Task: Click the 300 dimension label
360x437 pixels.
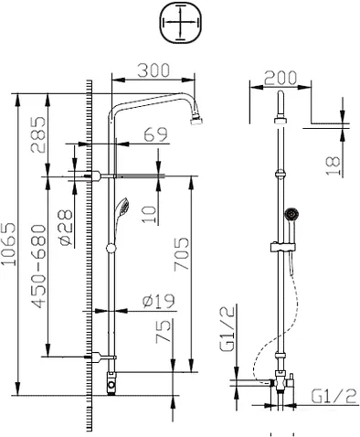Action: pyautogui.click(x=154, y=70)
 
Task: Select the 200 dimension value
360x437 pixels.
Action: pyautogui.click(x=281, y=78)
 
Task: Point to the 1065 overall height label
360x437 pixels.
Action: pyautogui.click(x=8, y=244)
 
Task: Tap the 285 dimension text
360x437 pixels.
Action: pyautogui.click(x=38, y=134)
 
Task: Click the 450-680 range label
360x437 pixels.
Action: pyautogui.click(x=39, y=266)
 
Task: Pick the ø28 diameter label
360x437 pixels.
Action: pyautogui.click(x=66, y=228)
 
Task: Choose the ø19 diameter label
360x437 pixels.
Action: pyautogui.click(x=159, y=301)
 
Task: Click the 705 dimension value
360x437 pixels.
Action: pyautogui.click(x=182, y=254)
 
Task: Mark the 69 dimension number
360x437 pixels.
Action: pyautogui.click(x=155, y=134)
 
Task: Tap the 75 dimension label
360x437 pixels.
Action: pyautogui.click(x=164, y=332)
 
